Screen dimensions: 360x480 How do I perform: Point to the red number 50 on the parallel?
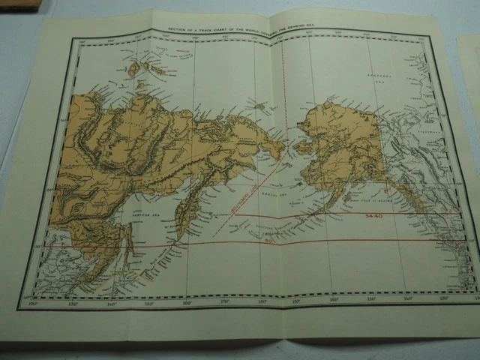point(268,241)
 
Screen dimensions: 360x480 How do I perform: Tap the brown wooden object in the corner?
point(19,4)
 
